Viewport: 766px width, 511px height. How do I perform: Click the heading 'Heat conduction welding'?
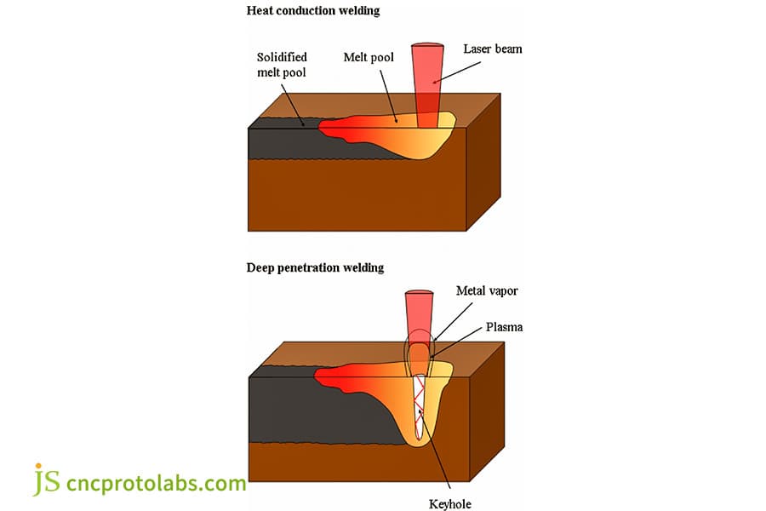[x=312, y=11]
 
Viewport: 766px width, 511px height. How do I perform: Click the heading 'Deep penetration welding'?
[x=315, y=267]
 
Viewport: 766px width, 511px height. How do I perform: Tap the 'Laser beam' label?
[x=492, y=49]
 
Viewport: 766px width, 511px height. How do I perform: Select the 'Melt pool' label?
[x=368, y=57]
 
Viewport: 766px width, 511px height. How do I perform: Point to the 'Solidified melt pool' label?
[x=282, y=65]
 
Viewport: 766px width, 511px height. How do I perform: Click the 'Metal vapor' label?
[x=486, y=291]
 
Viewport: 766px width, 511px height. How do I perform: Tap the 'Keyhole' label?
[x=452, y=503]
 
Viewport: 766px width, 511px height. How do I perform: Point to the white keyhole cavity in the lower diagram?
[x=420, y=409]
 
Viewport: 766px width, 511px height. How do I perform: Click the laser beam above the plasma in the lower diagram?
[x=418, y=311]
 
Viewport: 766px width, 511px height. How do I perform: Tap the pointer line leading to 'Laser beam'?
[x=465, y=69]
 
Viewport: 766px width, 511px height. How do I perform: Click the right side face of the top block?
[x=483, y=170]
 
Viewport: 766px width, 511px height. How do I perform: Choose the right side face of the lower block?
[x=487, y=417]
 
